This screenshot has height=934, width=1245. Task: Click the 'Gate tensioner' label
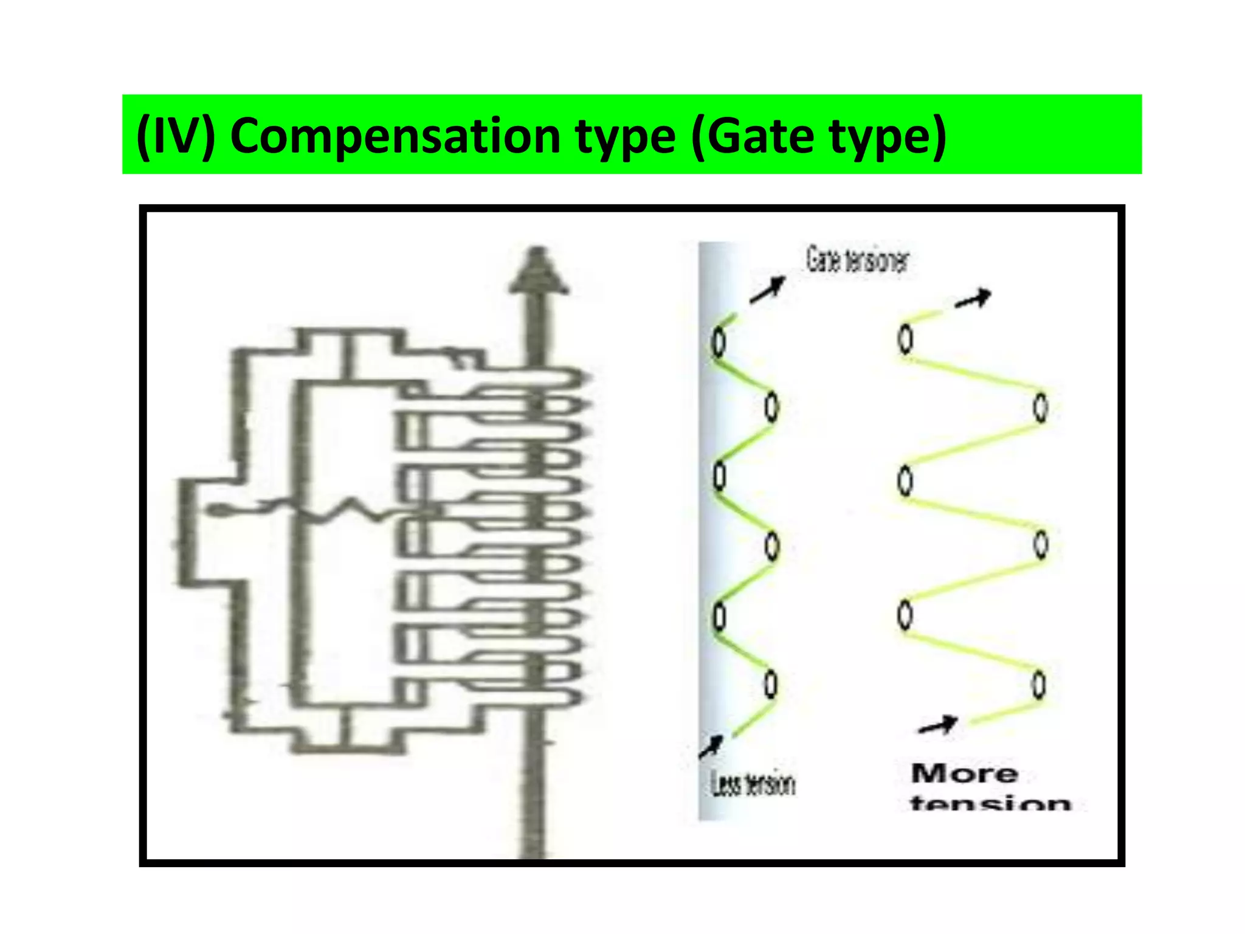tap(857, 260)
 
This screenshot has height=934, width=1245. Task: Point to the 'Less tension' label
tap(753, 784)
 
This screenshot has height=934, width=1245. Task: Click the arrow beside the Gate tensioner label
tap(767, 290)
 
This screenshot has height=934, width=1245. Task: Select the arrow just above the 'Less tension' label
tap(711, 747)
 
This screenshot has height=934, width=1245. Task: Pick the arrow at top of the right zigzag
tap(973, 299)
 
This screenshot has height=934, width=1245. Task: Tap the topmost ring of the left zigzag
tap(719, 341)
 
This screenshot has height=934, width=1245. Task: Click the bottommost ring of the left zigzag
tap(770, 684)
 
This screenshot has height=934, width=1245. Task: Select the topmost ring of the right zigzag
tap(905, 338)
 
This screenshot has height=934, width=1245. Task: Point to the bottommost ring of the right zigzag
tap(1040, 685)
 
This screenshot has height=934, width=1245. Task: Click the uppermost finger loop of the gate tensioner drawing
tap(547, 376)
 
